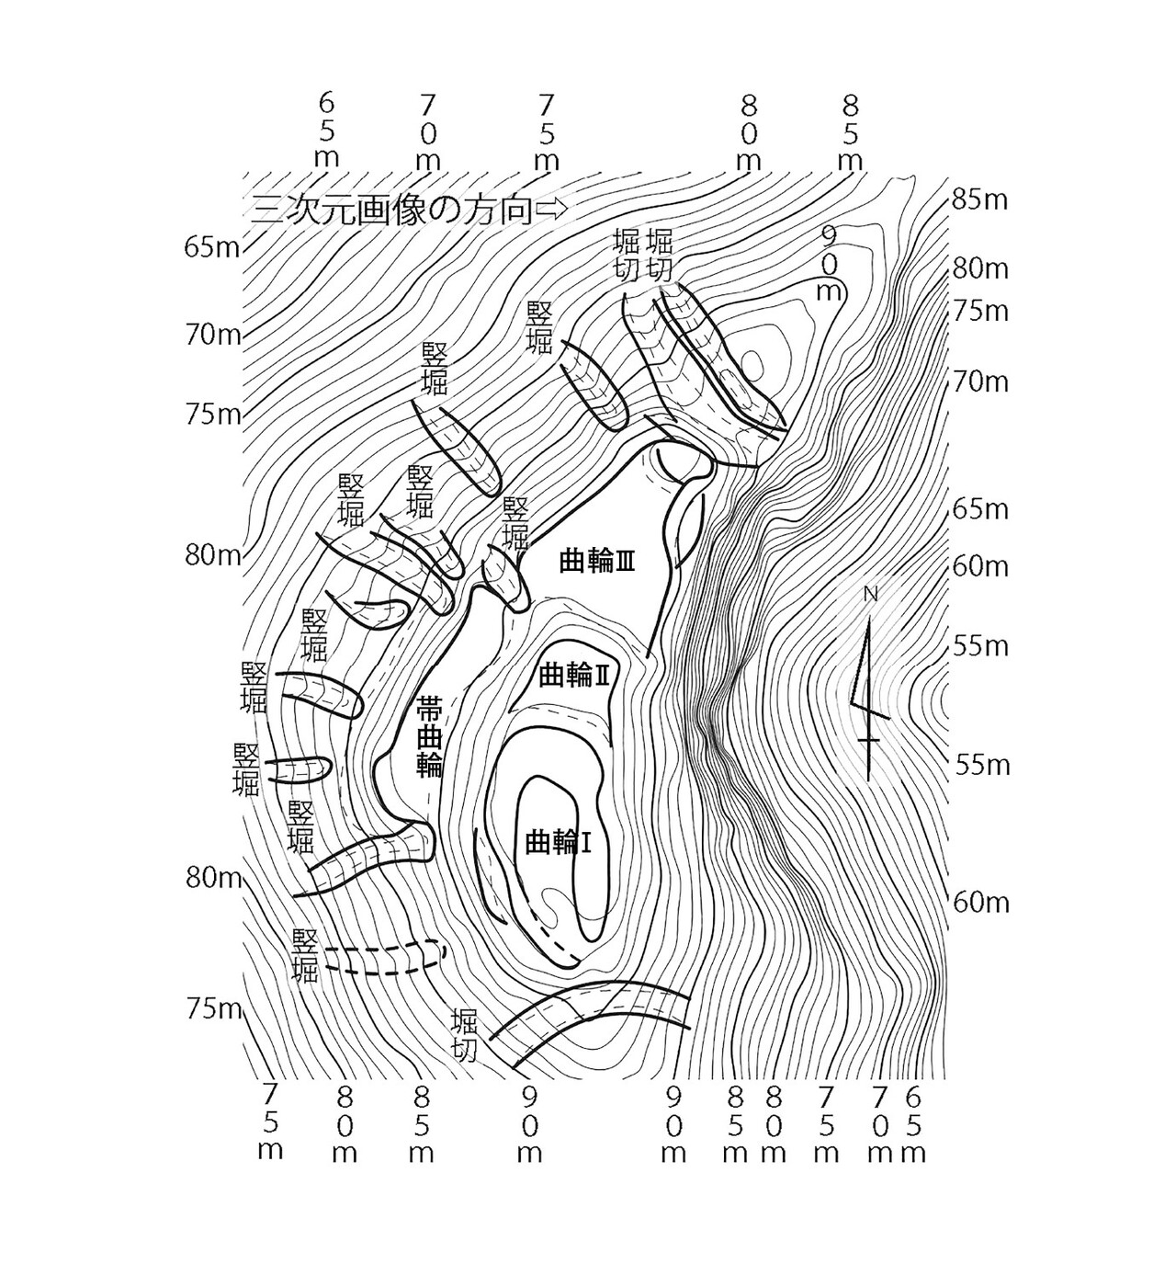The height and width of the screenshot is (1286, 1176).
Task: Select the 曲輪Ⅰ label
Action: coord(557,843)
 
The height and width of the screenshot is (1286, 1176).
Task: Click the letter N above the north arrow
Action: coord(870,595)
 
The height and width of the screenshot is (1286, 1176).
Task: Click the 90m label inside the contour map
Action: coord(829,264)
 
